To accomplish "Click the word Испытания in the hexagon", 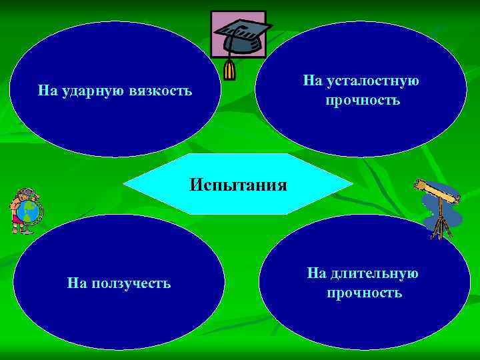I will tap(238, 184).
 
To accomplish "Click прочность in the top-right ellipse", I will tap(363, 101).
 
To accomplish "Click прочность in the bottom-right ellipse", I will tap(364, 293).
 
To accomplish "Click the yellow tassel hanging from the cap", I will tap(230, 69).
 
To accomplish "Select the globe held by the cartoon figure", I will tap(28, 213).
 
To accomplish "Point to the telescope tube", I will tap(437, 191).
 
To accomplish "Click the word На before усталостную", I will tap(312, 81).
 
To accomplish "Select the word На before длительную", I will tap(315, 273).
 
